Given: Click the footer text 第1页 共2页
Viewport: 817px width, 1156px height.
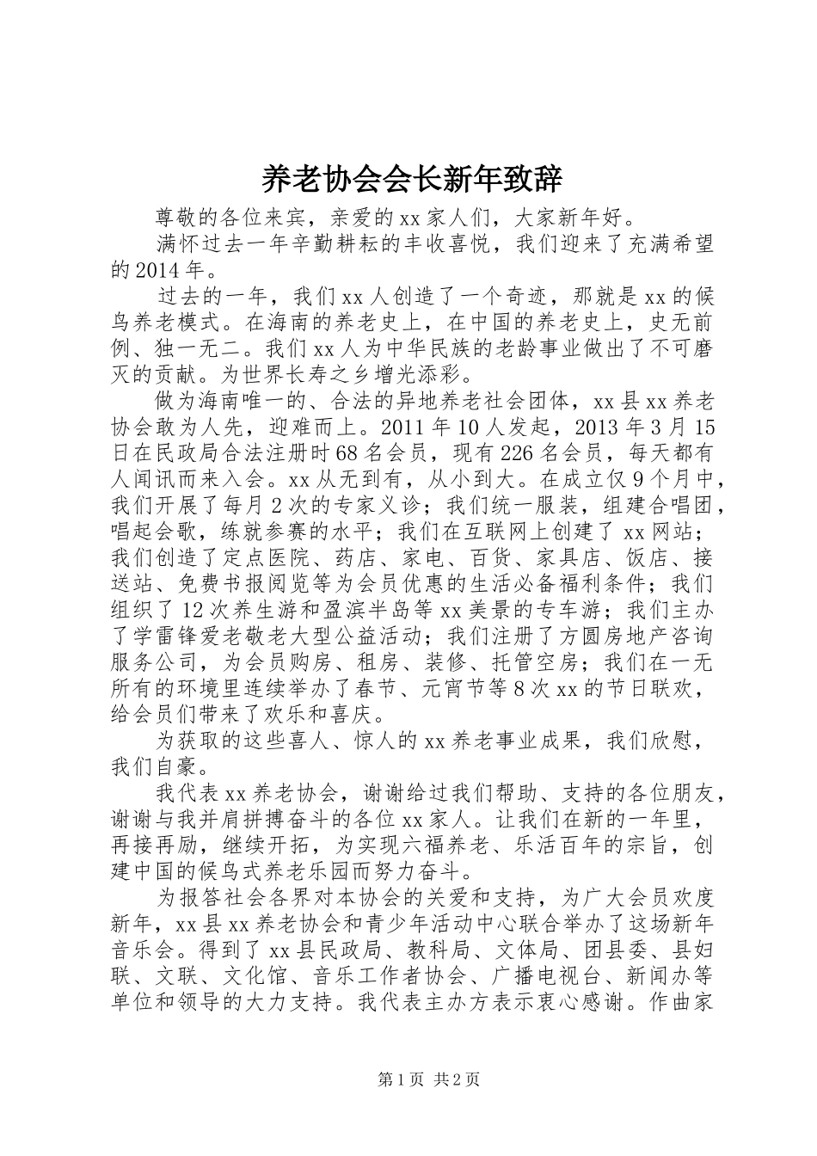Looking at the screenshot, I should click(408, 1080).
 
